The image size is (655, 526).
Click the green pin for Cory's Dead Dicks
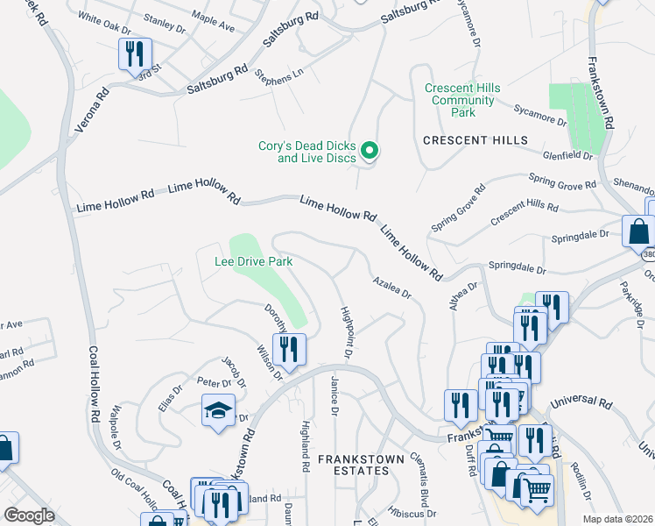[x=370, y=152]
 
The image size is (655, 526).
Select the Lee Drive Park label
[x=254, y=261]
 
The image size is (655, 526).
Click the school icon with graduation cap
[x=218, y=410]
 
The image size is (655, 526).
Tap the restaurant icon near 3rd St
[x=133, y=54]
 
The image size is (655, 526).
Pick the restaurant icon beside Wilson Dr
[x=288, y=349]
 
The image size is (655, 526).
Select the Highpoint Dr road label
[x=347, y=332]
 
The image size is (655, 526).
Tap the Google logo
[x=29, y=515]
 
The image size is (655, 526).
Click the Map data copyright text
[x=617, y=519]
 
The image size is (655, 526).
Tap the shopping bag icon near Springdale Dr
[x=638, y=232]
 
